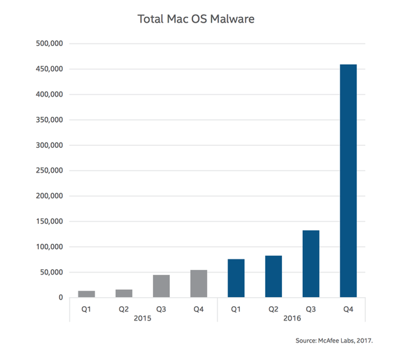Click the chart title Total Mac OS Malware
click(196, 18)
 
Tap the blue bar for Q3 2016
click(311, 263)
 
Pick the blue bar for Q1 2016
click(236, 278)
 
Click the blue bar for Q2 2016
click(273, 276)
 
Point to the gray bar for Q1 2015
click(87, 294)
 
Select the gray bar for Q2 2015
click(124, 293)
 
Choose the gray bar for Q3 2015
click(161, 286)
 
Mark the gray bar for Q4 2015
click(198, 283)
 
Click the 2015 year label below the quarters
click(143, 319)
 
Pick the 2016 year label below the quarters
click(292, 319)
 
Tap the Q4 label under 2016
click(348, 309)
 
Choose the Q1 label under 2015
click(87, 309)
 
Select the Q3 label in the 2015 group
click(161, 309)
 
